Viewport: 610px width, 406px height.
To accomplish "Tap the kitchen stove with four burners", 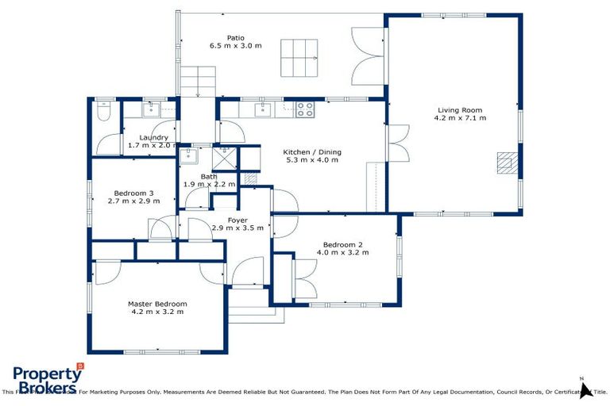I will pyautogui.click(x=305, y=109).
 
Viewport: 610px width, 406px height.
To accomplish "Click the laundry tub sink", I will pyautogui.click(x=150, y=109).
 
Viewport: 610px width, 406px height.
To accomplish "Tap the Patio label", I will pyautogui.click(x=235, y=37).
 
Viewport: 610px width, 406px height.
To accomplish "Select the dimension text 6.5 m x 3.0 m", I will pyautogui.click(x=235, y=46).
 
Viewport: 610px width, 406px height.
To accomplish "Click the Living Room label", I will pyautogui.click(x=459, y=110).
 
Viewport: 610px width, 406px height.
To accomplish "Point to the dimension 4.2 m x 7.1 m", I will pyautogui.click(x=459, y=118).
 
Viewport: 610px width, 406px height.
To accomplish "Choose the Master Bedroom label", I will pyautogui.click(x=157, y=304).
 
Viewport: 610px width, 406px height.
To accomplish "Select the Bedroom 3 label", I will pyautogui.click(x=133, y=193).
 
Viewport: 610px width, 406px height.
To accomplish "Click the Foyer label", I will pyautogui.click(x=237, y=220).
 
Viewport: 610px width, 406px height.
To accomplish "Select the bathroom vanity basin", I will pyautogui.click(x=189, y=155).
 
